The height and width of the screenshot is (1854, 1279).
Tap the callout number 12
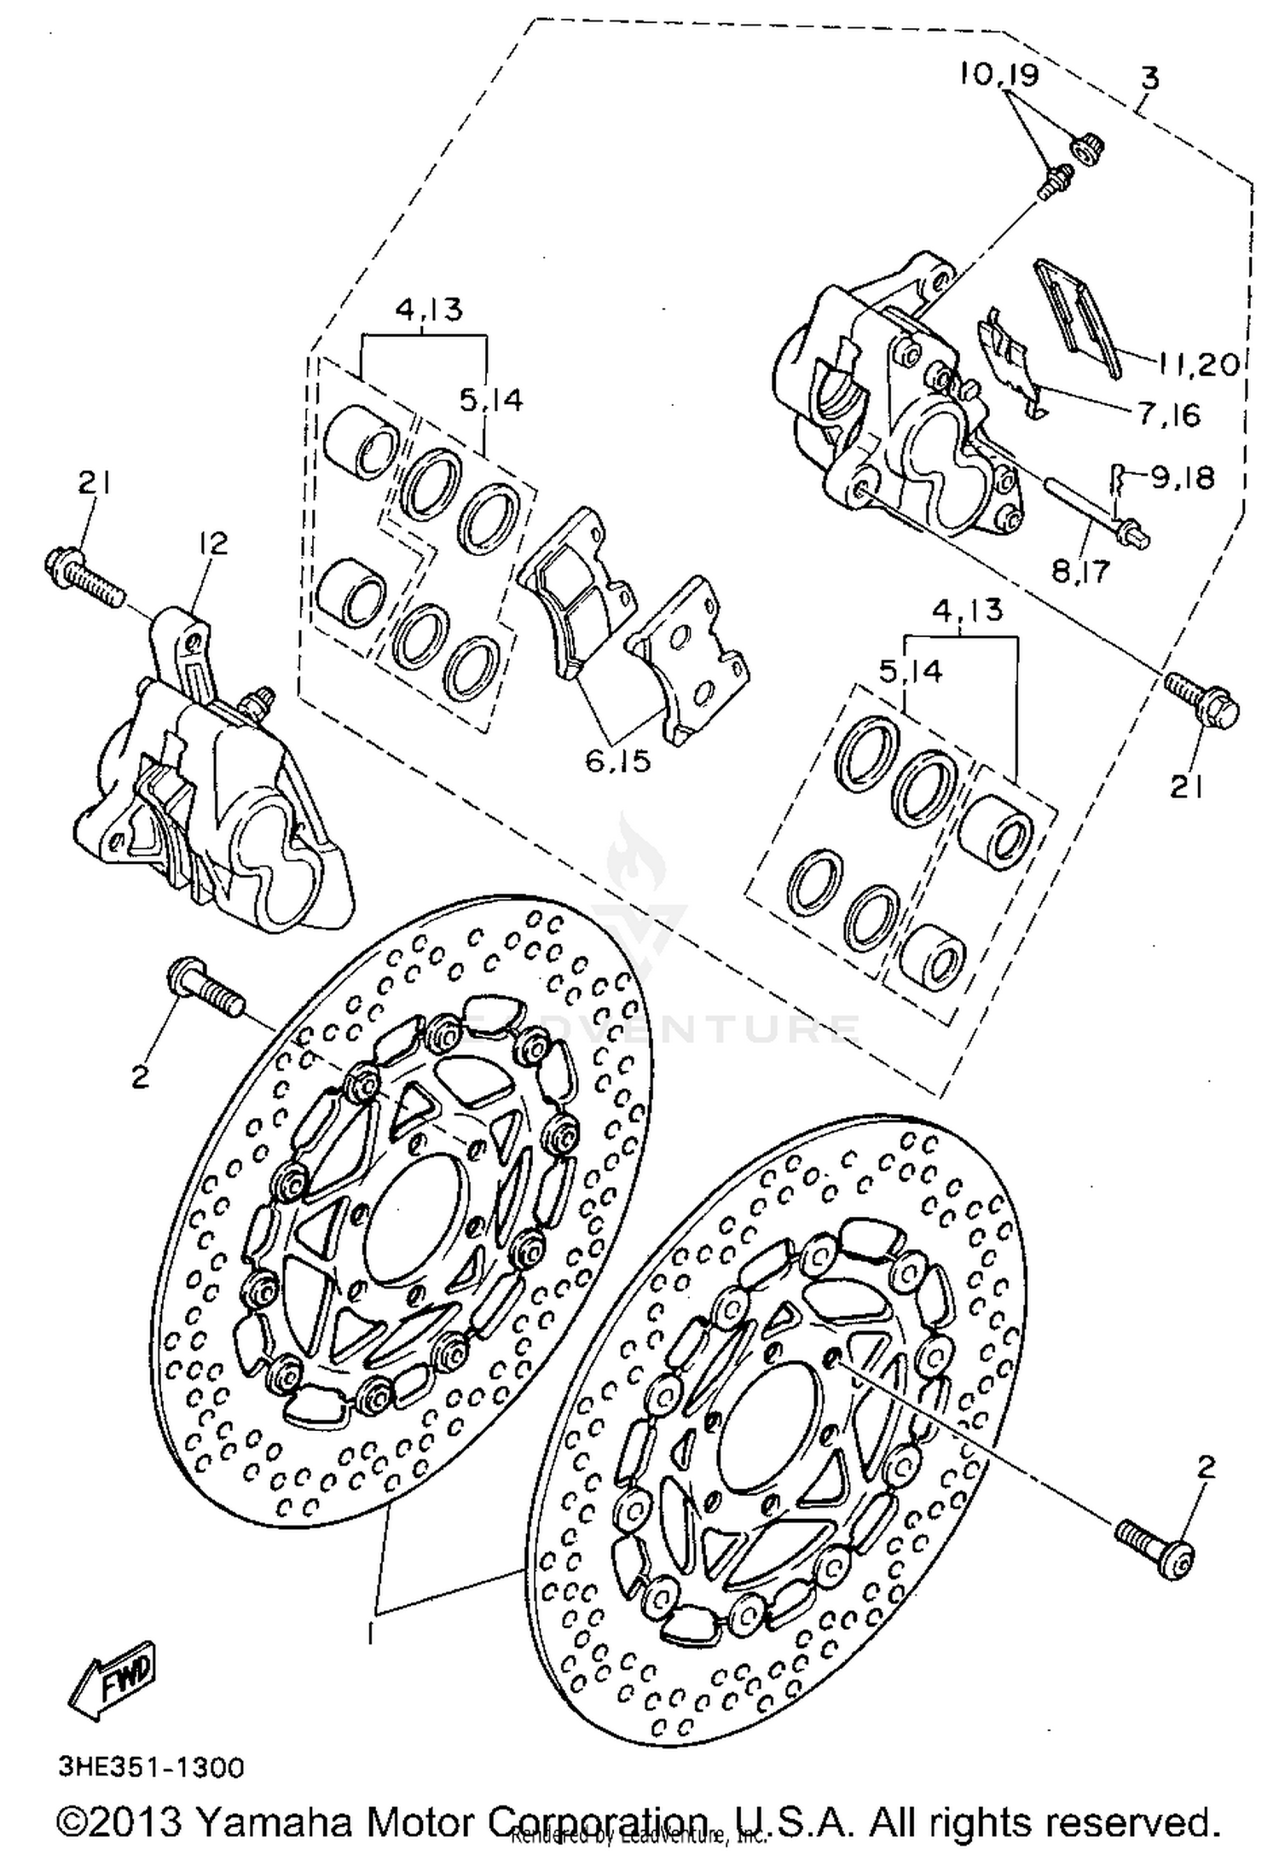coord(213,542)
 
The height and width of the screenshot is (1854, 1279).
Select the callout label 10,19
coord(999,76)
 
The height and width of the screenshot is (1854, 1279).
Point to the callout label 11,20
coord(1197,365)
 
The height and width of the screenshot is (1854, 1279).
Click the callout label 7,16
coord(1167,415)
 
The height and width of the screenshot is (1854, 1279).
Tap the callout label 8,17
coord(1080,571)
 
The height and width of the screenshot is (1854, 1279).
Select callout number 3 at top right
coord(1149,79)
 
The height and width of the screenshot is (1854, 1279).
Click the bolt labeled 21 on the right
coord(1202,701)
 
